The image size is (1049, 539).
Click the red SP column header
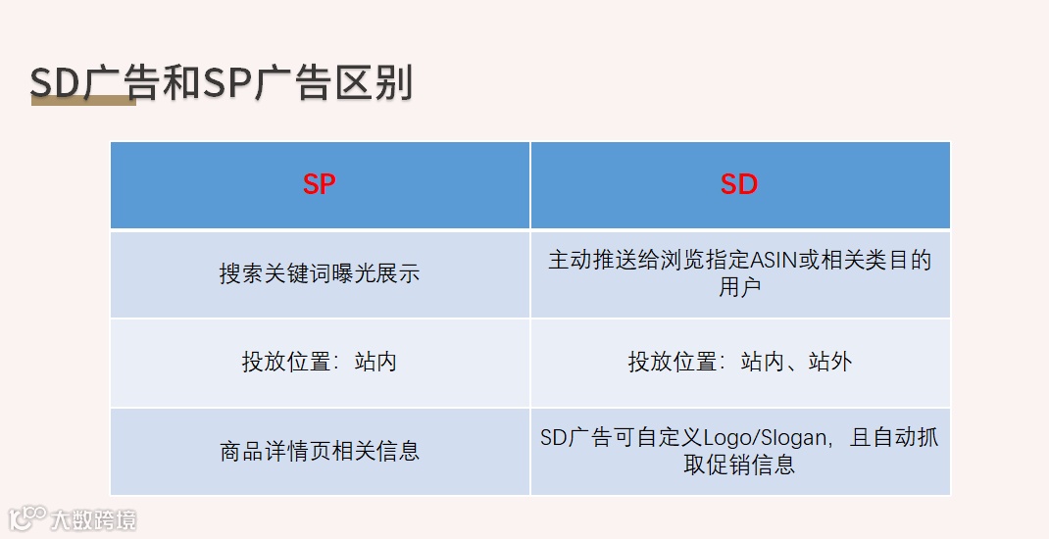point(320,184)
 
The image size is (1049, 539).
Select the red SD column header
point(739,184)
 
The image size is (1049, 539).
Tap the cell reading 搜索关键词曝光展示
point(320,273)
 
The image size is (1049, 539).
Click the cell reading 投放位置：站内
point(320,362)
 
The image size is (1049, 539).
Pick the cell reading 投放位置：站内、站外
point(739,362)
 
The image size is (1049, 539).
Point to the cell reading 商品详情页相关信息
point(320,451)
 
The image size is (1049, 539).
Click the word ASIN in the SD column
point(771,261)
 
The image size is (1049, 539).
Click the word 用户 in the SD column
point(739,286)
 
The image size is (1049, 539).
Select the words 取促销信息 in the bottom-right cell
point(739,464)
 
